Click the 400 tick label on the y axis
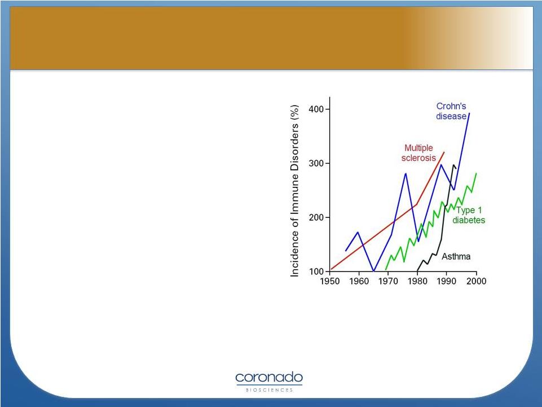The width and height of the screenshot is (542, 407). click(316, 109)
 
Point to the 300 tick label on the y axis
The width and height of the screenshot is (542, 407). click(316, 163)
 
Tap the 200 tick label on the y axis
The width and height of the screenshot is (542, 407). click(316, 218)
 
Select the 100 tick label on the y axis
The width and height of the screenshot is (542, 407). click(316, 272)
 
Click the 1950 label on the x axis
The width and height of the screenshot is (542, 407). click(330, 281)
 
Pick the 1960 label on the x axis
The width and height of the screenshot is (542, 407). click(359, 281)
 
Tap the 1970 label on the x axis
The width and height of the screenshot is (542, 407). click(388, 281)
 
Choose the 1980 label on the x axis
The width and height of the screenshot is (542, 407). click(417, 281)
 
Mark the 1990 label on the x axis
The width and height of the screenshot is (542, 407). click(447, 281)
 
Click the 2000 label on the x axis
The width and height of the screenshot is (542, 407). click(477, 281)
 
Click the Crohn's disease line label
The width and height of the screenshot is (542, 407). click(451, 111)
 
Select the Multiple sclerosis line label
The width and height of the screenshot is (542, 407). click(418, 153)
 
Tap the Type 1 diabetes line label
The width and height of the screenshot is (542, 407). click(469, 215)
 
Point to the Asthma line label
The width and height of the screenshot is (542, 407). click(456, 256)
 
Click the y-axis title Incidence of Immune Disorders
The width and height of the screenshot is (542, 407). click(294, 191)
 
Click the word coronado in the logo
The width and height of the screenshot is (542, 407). click(269, 377)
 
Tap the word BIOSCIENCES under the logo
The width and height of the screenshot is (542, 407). click(269, 390)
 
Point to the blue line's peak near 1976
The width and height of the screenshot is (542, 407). click(406, 173)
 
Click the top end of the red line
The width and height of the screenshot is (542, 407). click(444, 152)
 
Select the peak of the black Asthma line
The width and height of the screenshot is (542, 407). click(453, 165)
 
